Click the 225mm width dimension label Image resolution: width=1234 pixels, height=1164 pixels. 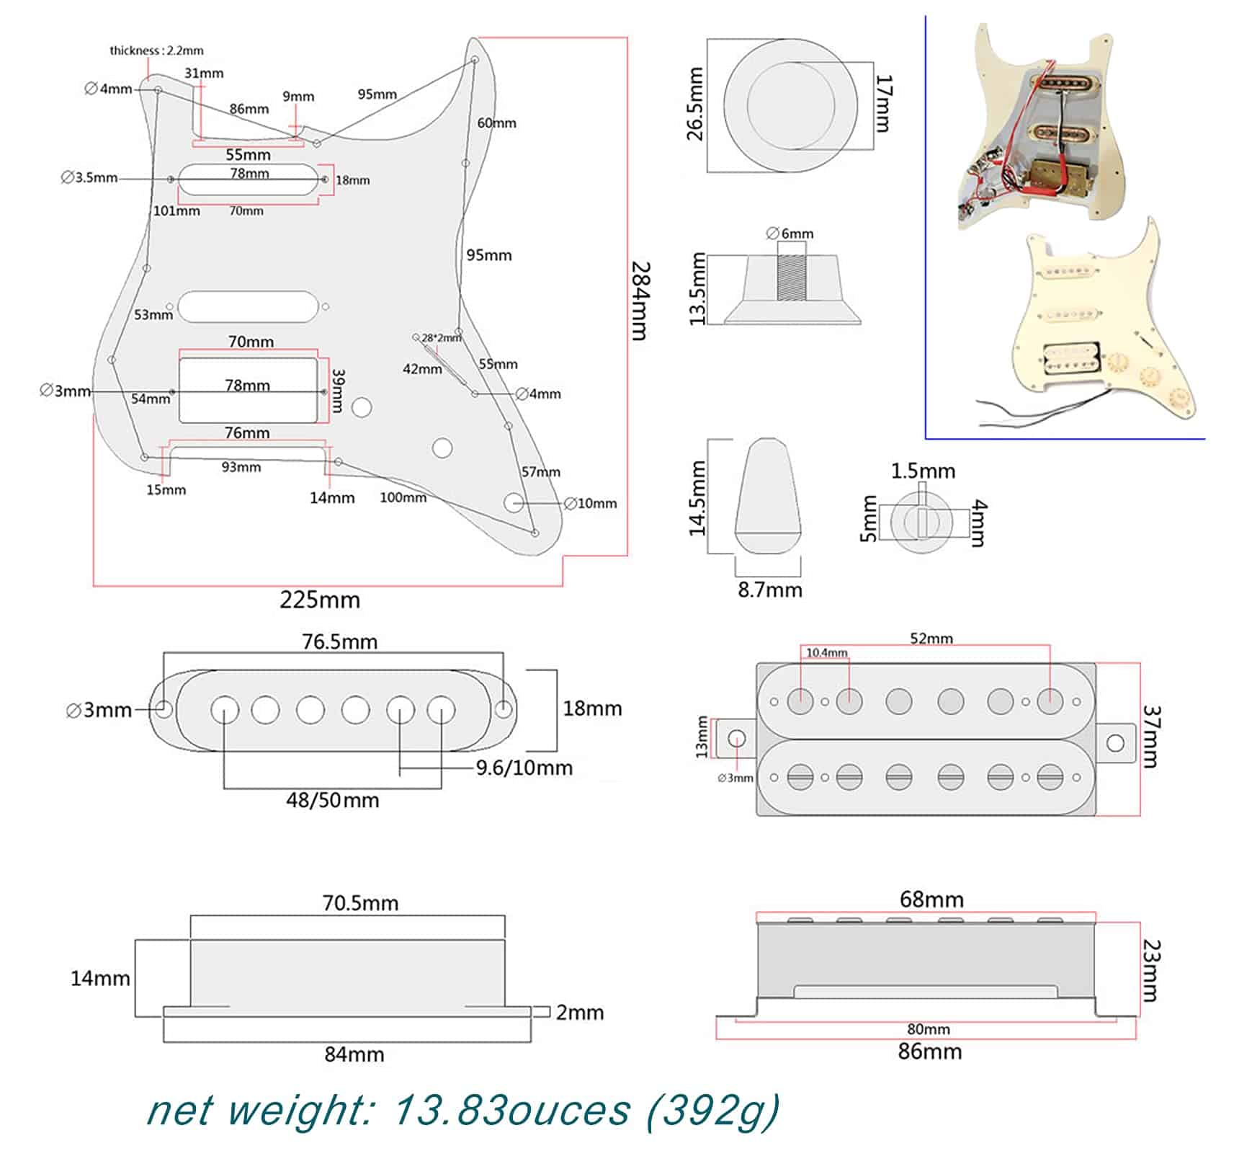[319, 600]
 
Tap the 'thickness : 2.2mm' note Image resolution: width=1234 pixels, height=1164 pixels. [156, 50]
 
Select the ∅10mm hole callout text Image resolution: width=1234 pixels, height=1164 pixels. [590, 503]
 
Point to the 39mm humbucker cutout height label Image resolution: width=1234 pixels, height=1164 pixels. [338, 391]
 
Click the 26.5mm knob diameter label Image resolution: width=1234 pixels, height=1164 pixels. [694, 104]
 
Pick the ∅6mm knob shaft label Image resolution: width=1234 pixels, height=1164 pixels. [790, 234]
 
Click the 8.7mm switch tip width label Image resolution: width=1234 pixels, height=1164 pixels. [769, 590]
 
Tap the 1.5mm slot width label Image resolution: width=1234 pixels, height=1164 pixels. [923, 471]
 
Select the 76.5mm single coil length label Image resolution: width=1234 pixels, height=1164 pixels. [339, 641]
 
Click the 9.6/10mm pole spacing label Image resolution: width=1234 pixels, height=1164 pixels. [524, 768]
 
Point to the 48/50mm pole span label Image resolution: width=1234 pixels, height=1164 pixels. [332, 800]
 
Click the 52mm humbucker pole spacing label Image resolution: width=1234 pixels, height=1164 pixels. [931, 639]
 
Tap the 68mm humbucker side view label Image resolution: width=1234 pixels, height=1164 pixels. [931, 899]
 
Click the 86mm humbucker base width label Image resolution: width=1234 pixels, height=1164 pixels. [929, 1052]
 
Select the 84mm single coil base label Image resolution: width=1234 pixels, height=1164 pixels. [354, 1054]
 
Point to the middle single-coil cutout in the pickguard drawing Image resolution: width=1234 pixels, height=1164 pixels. [247, 306]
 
